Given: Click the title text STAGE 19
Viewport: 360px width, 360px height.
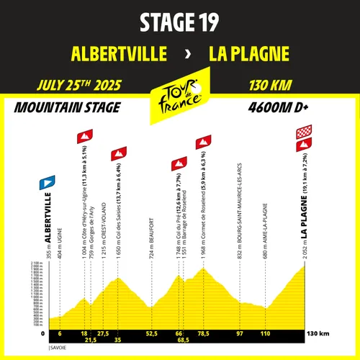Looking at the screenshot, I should (179, 22).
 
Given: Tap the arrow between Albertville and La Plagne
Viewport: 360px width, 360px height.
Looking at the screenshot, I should (188, 54).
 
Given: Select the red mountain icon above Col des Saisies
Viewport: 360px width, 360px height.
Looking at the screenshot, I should (117, 153).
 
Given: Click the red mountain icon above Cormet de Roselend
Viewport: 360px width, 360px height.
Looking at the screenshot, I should (204, 139).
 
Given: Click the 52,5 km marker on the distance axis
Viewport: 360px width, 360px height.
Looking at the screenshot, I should (151, 334).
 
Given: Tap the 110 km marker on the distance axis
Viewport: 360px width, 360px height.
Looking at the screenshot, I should (266, 334).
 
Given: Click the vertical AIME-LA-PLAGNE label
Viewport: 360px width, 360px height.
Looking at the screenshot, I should (266, 230).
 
